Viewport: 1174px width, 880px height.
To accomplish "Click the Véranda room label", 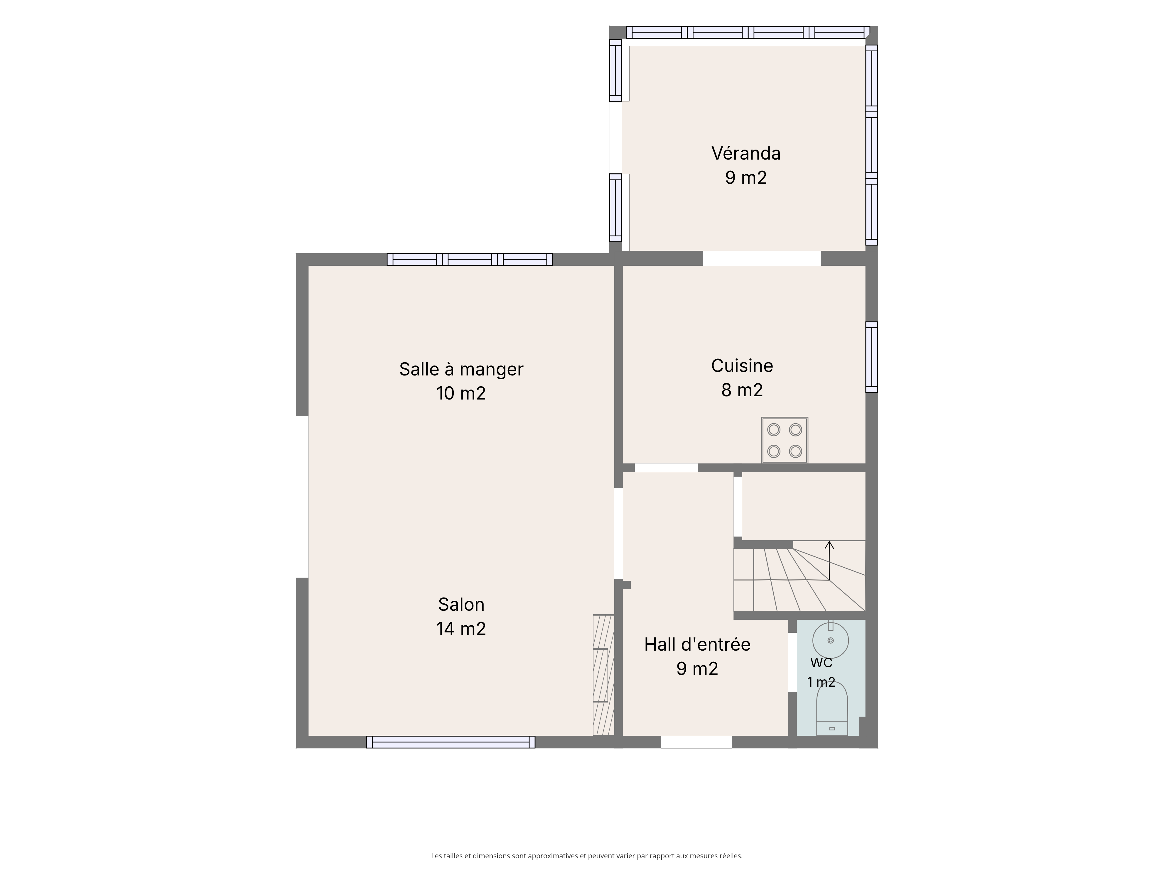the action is click(x=746, y=153).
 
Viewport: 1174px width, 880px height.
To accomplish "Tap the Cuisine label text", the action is click(x=742, y=365).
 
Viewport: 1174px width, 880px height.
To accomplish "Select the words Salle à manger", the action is click(x=461, y=369).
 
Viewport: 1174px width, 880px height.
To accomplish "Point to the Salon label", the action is click(x=461, y=604).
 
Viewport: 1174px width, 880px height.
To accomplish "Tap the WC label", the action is click(x=821, y=663).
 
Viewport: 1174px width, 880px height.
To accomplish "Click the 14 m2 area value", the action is click(x=461, y=629).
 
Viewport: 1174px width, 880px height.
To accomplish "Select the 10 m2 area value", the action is click(x=461, y=393).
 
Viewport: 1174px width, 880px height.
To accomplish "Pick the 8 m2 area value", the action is click(x=742, y=390).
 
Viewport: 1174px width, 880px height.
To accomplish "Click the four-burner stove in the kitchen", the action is click(x=785, y=440).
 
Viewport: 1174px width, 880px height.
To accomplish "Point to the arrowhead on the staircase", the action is click(x=829, y=545).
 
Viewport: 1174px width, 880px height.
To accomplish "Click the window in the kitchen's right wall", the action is click(x=871, y=357).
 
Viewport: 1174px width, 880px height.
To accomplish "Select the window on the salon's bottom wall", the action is click(x=451, y=742).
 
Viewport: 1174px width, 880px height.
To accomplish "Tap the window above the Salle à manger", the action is click(x=470, y=259).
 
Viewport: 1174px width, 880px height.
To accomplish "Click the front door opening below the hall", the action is click(x=696, y=742).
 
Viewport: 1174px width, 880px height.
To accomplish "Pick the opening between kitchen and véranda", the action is click(x=762, y=258).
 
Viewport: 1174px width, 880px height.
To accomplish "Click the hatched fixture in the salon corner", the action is click(x=603, y=675).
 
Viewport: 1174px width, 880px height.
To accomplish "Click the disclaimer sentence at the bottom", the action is click(x=586, y=841).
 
